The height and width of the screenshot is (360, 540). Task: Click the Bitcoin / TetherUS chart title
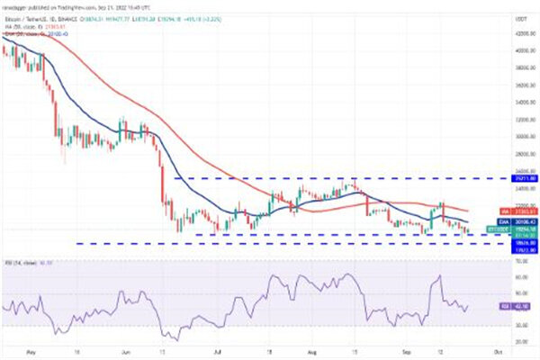click(36, 15)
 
